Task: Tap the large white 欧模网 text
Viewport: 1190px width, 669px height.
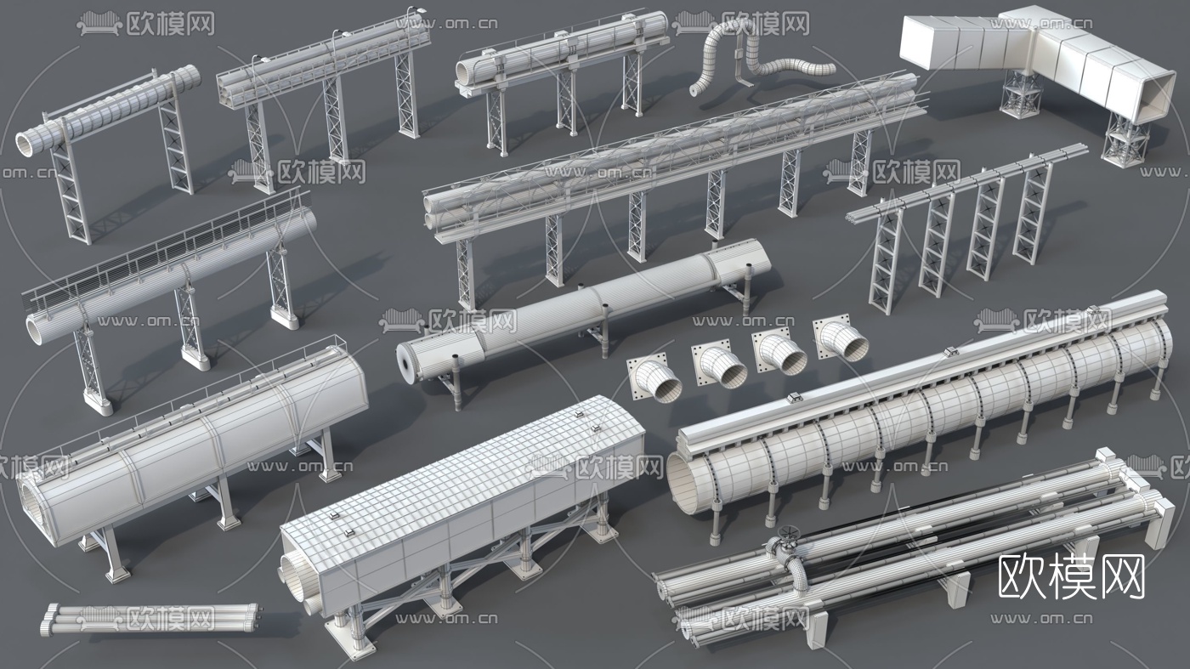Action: (x=1072, y=576)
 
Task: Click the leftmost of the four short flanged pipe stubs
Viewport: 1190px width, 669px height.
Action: (x=656, y=378)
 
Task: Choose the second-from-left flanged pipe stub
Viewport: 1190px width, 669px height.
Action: (x=719, y=366)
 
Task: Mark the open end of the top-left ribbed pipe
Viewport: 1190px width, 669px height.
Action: (x=25, y=145)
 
